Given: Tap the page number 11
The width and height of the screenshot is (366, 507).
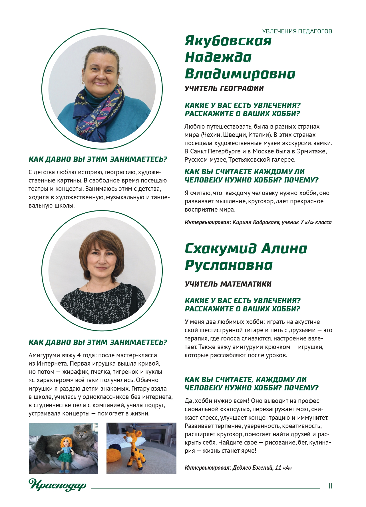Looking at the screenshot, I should [x=330, y=486].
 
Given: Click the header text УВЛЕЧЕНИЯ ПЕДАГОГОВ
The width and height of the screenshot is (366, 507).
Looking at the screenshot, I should [x=297, y=31].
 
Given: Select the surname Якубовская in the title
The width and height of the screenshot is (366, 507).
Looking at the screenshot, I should [x=228, y=41].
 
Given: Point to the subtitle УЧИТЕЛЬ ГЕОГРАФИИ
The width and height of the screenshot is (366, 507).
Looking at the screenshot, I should [x=224, y=88].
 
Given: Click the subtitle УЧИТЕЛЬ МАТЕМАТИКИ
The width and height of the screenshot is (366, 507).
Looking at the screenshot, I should [x=228, y=284].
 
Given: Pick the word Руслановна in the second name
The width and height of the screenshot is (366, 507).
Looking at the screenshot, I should [x=229, y=265].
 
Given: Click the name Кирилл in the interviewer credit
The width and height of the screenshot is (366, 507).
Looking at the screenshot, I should [x=242, y=222].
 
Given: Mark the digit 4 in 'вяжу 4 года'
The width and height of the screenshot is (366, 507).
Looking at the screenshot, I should [x=79, y=355].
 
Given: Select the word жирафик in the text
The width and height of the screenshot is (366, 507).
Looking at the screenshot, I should [x=76, y=372].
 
